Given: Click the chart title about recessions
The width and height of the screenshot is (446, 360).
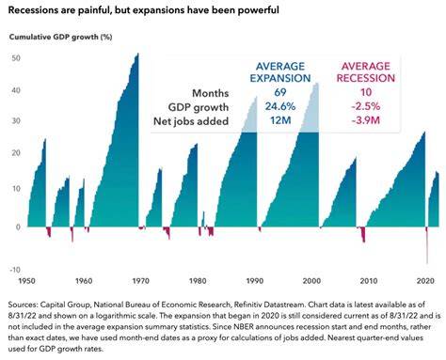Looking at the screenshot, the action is click(143, 10).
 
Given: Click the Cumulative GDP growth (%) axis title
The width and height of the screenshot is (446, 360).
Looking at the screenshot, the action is click(60, 37).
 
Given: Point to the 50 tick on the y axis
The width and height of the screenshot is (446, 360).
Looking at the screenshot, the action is click(16, 58).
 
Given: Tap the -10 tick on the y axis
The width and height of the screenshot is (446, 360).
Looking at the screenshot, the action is click(15, 270).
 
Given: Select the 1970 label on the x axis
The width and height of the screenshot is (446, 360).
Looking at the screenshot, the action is click(141, 281).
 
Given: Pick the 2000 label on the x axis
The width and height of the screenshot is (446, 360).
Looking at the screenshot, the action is click(311, 281).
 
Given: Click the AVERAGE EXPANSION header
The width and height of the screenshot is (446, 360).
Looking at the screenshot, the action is click(280, 72).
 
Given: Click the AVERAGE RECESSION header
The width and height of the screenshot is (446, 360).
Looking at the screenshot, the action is click(366, 72).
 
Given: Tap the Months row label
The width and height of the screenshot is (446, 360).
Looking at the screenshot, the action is click(210, 93).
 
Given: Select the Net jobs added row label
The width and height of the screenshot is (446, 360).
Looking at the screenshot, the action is click(191, 121).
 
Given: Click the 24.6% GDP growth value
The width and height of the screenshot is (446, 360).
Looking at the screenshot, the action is click(280, 106).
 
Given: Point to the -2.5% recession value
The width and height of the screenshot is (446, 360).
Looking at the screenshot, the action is click(366, 106).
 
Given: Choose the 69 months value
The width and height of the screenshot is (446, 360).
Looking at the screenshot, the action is click(280, 92).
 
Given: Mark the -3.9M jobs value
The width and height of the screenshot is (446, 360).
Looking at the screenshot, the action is click(366, 120).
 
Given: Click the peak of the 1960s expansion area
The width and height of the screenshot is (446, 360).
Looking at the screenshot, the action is click(137, 55).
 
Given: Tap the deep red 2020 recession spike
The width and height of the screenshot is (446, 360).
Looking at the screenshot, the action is click(427, 246).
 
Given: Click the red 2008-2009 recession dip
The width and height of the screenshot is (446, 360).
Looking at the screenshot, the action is click(363, 235).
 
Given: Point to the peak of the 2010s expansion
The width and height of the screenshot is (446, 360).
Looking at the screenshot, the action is click(424, 133).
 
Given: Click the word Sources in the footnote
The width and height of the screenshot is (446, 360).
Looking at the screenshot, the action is click(23, 305).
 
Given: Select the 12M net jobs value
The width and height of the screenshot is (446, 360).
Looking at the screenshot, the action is click(280, 120).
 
